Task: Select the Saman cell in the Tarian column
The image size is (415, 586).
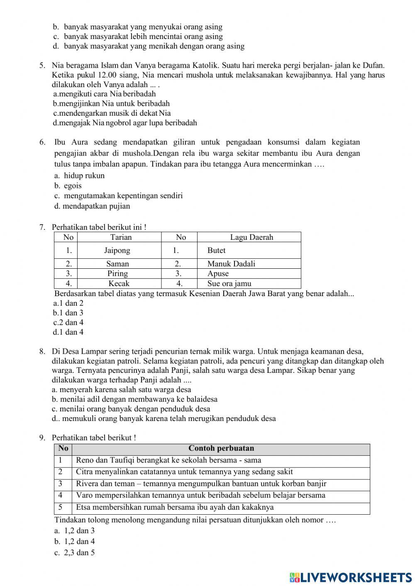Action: tap(117, 264)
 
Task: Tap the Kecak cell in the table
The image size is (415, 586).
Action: tap(119, 284)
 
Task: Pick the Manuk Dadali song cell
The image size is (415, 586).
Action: tap(231, 264)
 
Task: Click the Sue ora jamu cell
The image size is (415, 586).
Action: tap(229, 284)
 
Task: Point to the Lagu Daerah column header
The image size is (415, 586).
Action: tap(251, 237)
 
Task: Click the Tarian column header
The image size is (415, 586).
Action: tap(121, 237)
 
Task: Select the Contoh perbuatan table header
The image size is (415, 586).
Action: tap(221, 448)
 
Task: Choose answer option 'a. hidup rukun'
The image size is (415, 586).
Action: tap(79, 175)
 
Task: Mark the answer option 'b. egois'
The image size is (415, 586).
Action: tap(68, 185)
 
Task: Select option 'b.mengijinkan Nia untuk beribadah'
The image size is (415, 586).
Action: tap(111, 103)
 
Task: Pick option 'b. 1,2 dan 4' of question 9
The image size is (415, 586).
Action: tap(75, 541)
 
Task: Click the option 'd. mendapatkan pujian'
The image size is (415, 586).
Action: tap(92, 206)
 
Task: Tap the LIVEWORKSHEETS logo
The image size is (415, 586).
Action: tap(351, 577)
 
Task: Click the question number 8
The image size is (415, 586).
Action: tap(42, 351)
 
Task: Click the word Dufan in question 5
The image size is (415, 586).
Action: tap(373, 65)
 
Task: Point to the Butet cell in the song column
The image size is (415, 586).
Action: tap(216, 250)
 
